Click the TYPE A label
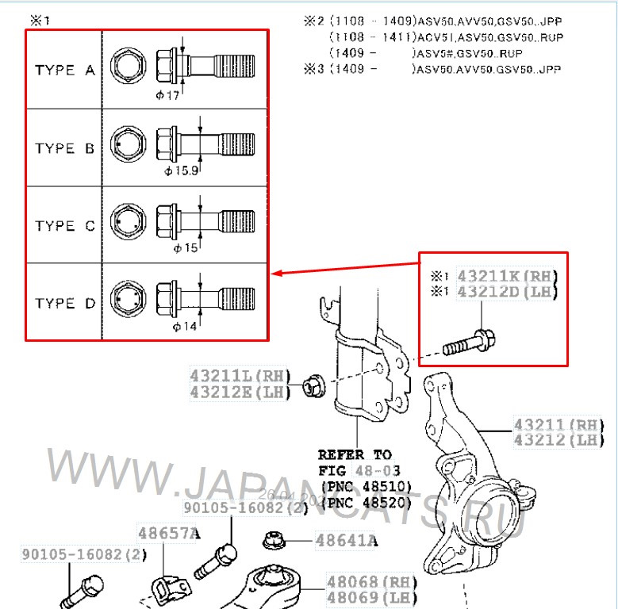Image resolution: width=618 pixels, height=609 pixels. (x=65, y=71)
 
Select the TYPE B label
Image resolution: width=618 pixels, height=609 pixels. (x=65, y=148)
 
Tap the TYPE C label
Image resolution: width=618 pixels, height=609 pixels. (x=65, y=226)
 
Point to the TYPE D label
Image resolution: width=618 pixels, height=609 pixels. (x=65, y=303)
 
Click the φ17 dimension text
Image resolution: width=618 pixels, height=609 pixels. (x=167, y=95)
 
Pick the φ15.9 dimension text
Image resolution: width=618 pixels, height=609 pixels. (x=181, y=170)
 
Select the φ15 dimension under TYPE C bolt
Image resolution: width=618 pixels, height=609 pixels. (x=186, y=248)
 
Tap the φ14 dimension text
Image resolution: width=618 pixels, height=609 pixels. (x=186, y=325)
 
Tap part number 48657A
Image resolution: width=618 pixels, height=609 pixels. (x=168, y=534)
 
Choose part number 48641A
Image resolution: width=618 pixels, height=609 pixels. (x=347, y=542)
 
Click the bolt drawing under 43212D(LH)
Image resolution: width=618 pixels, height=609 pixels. (x=474, y=343)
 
